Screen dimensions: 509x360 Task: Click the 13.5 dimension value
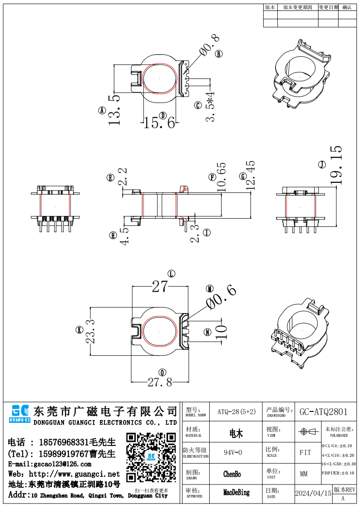pos(113,110)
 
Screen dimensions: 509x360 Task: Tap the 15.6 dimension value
pos(159,122)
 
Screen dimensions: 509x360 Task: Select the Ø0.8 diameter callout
pos(209,47)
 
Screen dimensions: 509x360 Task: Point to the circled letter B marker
pos(219,54)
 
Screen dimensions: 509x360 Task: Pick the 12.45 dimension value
pos(250,175)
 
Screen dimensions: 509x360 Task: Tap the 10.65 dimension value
pos(221,177)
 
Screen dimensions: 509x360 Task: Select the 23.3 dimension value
pos(90,331)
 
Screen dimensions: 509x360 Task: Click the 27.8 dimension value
pos(160,382)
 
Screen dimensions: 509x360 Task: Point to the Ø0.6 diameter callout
pos(221,298)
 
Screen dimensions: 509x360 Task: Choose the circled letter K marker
pos(79,331)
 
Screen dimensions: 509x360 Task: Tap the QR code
pos(151,458)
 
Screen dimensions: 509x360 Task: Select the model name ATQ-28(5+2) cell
pos(236,412)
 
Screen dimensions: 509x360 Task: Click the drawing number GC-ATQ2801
pos(323,412)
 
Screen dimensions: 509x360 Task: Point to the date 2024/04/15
pos(313,493)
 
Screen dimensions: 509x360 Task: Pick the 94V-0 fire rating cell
pos(233,453)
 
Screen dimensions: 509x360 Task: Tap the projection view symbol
pos(308,431)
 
